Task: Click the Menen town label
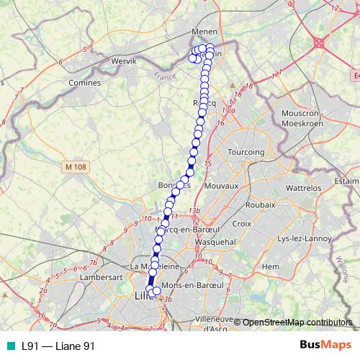(204, 32)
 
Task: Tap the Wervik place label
(124, 62)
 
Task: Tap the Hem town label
(271, 266)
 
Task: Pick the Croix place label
(242, 224)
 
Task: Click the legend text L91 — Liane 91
(58, 346)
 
